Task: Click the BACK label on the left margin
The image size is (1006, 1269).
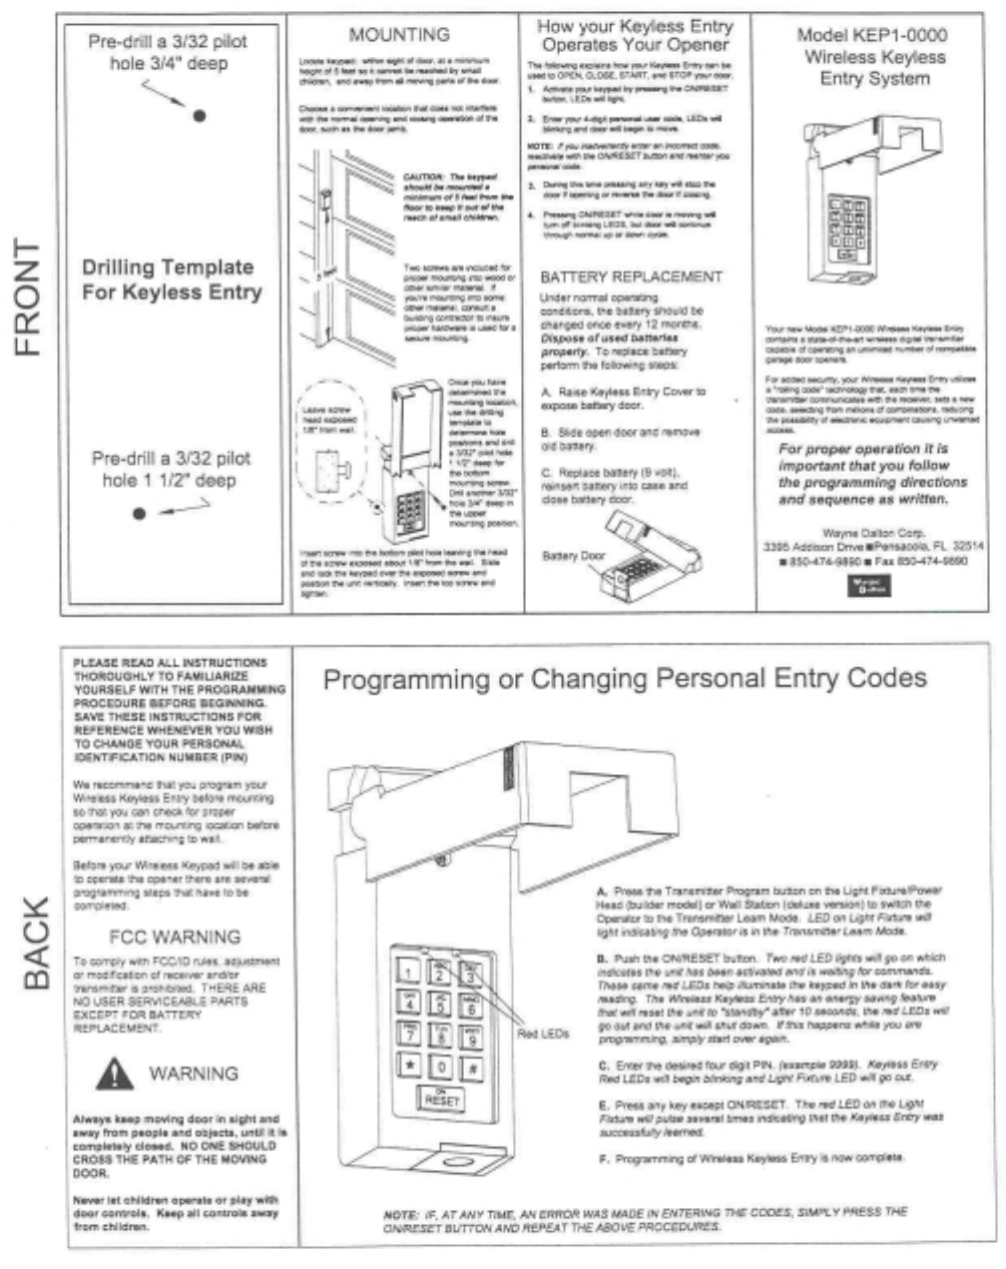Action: [x=35, y=943]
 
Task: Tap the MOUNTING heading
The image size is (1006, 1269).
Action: [x=398, y=35]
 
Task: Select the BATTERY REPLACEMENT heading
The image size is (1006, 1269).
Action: [x=631, y=276]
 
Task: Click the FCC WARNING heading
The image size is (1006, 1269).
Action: [x=175, y=937]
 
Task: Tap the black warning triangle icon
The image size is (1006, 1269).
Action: [x=117, y=1073]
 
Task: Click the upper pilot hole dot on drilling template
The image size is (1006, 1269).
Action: [x=200, y=116]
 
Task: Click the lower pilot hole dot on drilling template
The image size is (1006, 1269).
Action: [x=140, y=514]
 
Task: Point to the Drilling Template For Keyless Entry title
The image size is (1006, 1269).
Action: [x=172, y=279]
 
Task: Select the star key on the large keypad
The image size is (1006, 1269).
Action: [x=409, y=1066]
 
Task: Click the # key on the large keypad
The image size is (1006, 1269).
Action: [x=471, y=1066]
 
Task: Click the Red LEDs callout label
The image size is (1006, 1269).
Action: [x=543, y=1034]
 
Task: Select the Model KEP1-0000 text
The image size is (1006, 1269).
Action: [x=871, y=35]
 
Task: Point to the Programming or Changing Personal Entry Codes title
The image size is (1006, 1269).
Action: [x=625, y=679]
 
